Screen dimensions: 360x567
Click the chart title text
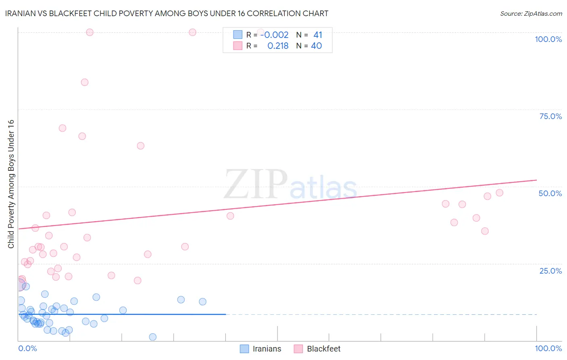pos(167,13)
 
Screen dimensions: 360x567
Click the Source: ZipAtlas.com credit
pos(531,13)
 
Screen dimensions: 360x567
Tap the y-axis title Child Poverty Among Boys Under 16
pos(11,184)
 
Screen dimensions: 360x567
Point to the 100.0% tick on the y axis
pos(548,39)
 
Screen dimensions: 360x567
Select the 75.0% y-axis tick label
pos(550,116)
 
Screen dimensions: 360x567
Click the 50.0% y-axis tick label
pos(550,193)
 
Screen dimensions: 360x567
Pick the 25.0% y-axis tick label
pos(550,271)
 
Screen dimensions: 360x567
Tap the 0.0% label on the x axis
pos(27,348)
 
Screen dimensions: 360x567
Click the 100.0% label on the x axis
pos(548,348)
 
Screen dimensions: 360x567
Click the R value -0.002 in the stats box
pos(275,35)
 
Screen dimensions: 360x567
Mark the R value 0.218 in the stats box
pos(278,46)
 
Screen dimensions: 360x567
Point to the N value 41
pos(318,35)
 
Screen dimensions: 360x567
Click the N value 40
pos(316,46)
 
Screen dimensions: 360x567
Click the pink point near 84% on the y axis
pos(85,82)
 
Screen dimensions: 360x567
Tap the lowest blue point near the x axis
pos(152,337)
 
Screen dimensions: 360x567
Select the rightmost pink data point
pos(500,193)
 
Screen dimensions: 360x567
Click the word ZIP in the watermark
pos(255,184)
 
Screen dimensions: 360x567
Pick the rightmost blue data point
pos(203,301)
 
